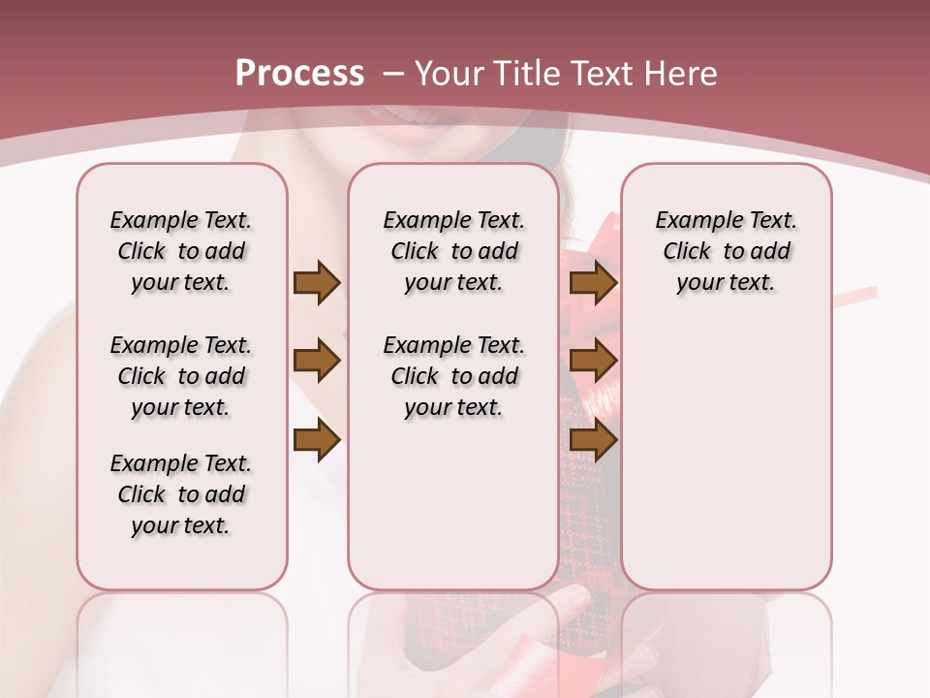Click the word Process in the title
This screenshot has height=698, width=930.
[x=299, y=74]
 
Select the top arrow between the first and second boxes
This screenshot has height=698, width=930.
[x=317, y=283]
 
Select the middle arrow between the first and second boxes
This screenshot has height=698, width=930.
[x=317, y=362]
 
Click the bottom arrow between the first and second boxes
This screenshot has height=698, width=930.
[x=317, y=441]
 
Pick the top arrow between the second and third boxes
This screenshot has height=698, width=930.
[x=593, y=283]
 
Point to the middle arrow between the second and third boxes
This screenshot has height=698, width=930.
[x=593, y=362]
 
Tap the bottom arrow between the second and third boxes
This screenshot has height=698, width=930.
[x=593, y=441]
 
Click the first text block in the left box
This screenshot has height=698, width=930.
[x=181, y=251]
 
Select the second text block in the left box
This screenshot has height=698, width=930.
[x=181, y=376]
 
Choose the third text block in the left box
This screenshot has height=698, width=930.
[x=181, y=494]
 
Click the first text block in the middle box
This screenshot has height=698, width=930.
[x=454, y=251]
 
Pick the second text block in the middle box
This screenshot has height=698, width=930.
[x=454, y=376]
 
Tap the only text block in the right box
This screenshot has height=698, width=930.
[x=727, y=251]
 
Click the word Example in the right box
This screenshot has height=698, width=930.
[x=692, y=221]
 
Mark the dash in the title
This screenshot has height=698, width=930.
[x=393, y=74]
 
